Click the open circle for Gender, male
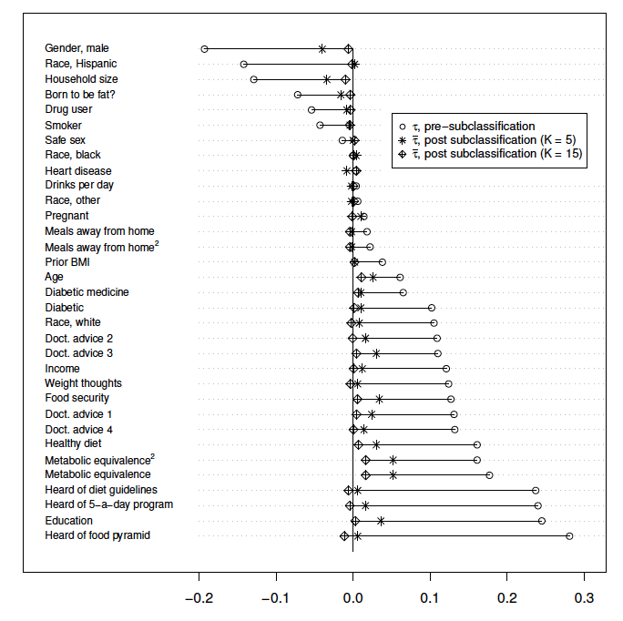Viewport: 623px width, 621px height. tap(204, 49)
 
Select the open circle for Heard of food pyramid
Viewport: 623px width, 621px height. tap(569, 536)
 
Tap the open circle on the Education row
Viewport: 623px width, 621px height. tap(542, 521)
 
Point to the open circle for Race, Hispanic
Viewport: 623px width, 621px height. tap(243, 64)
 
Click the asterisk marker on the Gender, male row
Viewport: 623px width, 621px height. tap(322, 49)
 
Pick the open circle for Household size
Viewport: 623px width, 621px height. tap(253, 79)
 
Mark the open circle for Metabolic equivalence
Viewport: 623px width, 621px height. tap(489, 475)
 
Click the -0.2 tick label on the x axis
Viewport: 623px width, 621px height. tap(199, 600)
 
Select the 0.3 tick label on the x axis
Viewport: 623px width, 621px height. tap(583, 600)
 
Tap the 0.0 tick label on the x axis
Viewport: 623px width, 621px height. tap(352, 600)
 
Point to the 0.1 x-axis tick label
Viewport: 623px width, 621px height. tap(429, 600)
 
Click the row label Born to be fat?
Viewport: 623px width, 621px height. tap(80, 95)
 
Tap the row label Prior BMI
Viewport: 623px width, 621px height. tap(67, 262)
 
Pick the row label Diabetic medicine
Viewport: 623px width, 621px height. tap(87, 292)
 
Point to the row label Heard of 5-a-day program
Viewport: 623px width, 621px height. tap(108, 505)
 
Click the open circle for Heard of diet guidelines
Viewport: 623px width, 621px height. tap(536, 491)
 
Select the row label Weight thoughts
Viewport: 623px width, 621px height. tap(83, 383)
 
